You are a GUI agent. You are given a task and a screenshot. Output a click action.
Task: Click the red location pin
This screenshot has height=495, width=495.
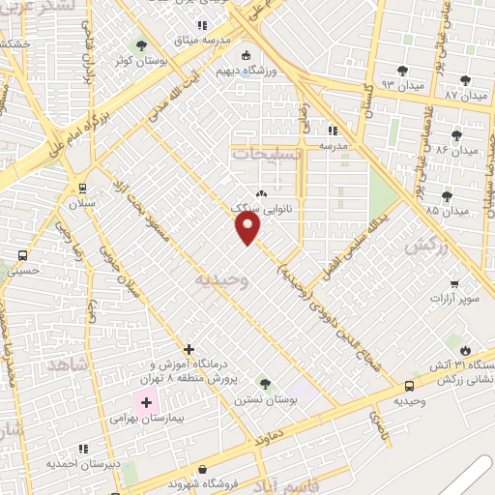(x=248, y=228)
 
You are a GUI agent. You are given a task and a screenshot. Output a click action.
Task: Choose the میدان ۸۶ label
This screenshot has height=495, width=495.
(x=453, y=151)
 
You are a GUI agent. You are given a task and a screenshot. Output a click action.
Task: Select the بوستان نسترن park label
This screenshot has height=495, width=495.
(x=263, y=399)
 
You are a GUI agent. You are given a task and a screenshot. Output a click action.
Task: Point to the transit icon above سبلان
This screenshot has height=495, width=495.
(x=81, y=189)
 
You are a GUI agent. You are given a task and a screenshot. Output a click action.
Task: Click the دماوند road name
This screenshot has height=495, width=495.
(x=277, y=435)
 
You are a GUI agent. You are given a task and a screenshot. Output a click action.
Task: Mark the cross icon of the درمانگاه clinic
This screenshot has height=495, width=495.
(x=189, y=348)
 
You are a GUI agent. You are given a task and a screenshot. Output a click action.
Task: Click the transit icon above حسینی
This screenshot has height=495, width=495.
(x=21, y=256)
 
